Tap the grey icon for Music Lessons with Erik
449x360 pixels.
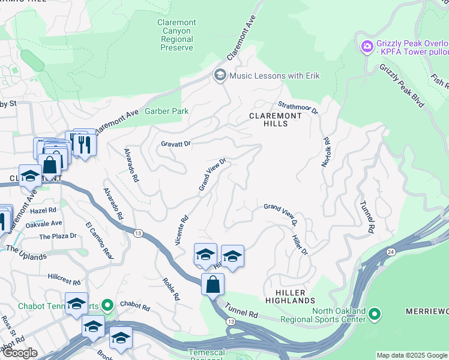pyautogui.click(x=220, y=76)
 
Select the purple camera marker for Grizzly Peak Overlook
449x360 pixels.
pyautogui.click(x=367, y=46)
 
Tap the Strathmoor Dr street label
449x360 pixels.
pyautogui.click(x=298, y=107)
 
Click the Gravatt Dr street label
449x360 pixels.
pyautogui.click(x=175, y=144)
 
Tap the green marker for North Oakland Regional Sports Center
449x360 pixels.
pyautogui.click(x=375, y=313)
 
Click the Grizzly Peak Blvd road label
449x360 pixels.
pyautogui.click(x=402, y=86)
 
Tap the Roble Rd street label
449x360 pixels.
pyautogui.click(x=170, y=288)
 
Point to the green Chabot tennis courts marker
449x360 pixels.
pyautogui.click(x=107, y=306)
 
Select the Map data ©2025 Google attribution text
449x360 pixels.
pyautogui.click(x=411, y=355)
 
